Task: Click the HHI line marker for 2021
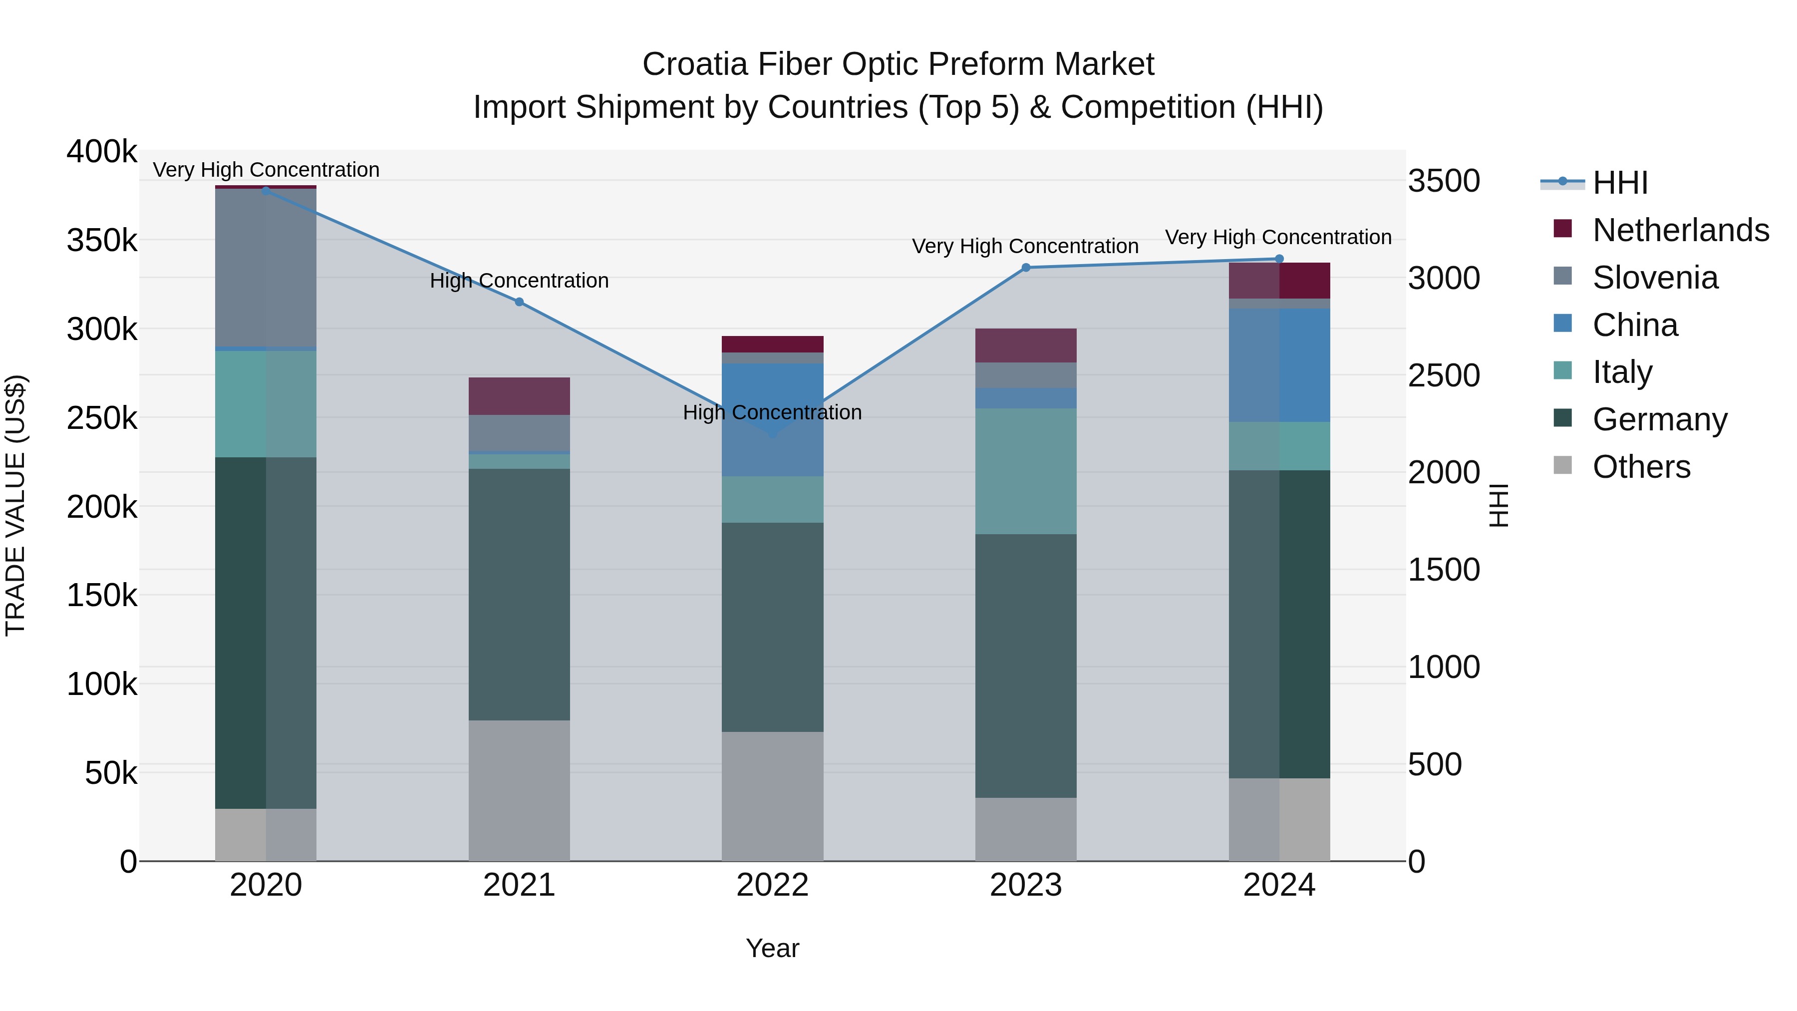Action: pyautogui.click(x=519, y=302)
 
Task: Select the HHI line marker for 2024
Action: pyautogui.click(x=1279, y=259)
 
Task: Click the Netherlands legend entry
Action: pyautogui.click(x=1680, y=230)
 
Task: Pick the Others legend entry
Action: pyautogui.click(x=1641, y=467)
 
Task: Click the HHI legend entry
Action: pyautogui.click(x=1620, y=183)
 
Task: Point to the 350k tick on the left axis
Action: pyautogui.click(x=102, y=241)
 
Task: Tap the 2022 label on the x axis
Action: pyautogui.click(x=772, y=885)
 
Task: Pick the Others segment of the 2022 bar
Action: pyautogui.click(x=772, y=796)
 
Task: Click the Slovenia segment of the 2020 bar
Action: pyautogui.click(x=266, y=268)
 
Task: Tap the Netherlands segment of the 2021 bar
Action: pyautogui.click(x=519, y=396)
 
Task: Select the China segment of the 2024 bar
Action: pyautogui.click(x=1279, y=365)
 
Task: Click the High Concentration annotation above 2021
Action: pyautogui.click(x=519, y=281)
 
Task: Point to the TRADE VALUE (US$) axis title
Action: pyautogui.click(x=15, y=505)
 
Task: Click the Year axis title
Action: pyautogui.click(x=772, y=948)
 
